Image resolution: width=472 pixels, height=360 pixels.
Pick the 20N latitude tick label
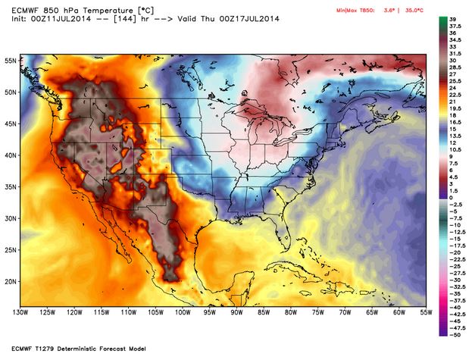[10, 280]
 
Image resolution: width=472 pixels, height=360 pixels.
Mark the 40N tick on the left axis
[10, 155]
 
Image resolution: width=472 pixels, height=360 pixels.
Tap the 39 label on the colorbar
[452, 17]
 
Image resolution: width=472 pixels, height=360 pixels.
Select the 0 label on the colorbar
[450, 197]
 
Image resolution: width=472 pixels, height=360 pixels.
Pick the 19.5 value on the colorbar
[454, 108]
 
